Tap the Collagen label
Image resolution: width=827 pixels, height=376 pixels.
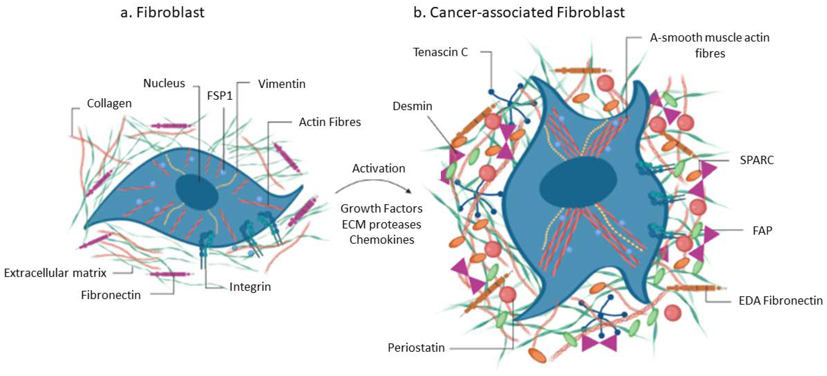[x=109, y=104]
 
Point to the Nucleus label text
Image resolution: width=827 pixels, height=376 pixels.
[x=164, y=83]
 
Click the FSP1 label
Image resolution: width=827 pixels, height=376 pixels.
[x=220, y=96]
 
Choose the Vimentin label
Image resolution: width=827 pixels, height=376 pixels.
[x=282, y=84]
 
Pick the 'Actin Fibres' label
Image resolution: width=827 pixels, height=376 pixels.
[x=330, y=122]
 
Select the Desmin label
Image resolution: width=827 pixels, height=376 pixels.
[x=412, y=106]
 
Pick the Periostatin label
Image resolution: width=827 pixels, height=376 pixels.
[x=416, y=348]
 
